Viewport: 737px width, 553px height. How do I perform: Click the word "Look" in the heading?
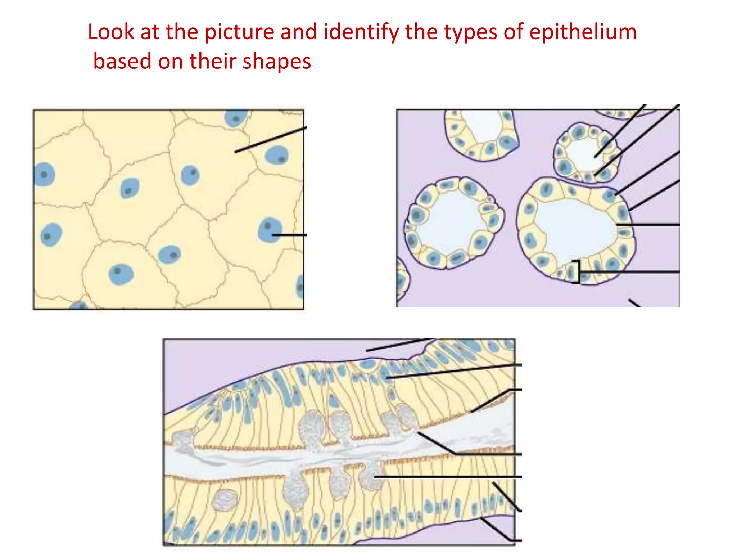(x=111, y=32)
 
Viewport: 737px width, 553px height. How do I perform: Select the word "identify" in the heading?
(x=361, y=32)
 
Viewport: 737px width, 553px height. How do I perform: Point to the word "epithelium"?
(x=583, y=32)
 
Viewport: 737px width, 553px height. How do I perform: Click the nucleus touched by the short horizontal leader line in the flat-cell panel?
(x=269, y=230)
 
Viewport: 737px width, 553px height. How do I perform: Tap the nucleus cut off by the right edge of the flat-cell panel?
(x=300, y=286)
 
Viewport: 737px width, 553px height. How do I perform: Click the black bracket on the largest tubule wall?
(x=577, y=272)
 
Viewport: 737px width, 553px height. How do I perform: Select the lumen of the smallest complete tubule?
(x=585, y=153)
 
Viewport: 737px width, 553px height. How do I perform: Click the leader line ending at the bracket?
(x=630, y=272)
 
